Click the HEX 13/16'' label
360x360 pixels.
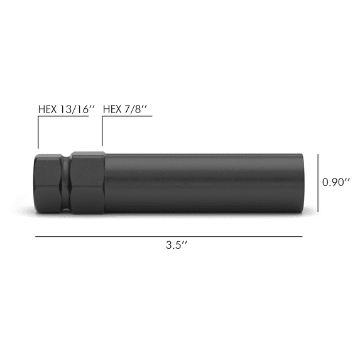[x=66, y=108]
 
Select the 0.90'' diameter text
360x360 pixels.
[x=337, y=182]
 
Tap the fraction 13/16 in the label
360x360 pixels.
[x=74, y=108]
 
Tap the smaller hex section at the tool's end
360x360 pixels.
[x=47, y=182]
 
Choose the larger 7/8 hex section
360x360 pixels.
[x=87, y=182]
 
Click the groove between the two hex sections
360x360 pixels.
[x=65, y=182]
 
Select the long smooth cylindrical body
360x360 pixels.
[x=201, y=182]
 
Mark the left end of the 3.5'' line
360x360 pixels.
[x=36, y=237]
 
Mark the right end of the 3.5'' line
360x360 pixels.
[x=302, y=237]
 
